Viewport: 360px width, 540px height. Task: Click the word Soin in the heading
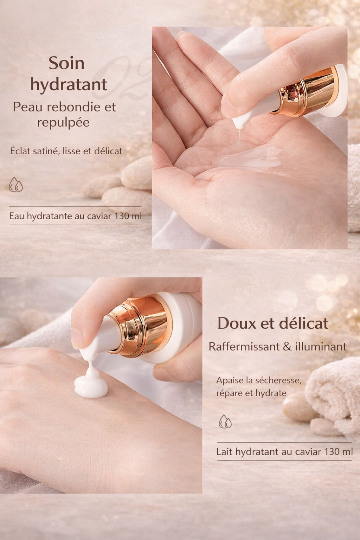pyautogui.click(x=66, y=63)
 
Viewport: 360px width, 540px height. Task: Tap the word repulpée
pyautogui.click(x=63, y=123)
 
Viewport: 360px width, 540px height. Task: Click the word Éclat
pyautogui.click(x=20, y=151)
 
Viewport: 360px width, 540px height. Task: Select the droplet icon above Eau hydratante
pyautogui.click(x=16, y=185)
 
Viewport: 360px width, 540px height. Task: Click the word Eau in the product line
pyautogui.click(x=17, y=216)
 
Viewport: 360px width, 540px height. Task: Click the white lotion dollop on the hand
pyautogui.click(x=91, y=387)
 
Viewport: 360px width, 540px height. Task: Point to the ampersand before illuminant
pyautogui.click(x=287, y=347)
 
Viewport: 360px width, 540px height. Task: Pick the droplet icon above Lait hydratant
pyautogui.click(x=225, y=421)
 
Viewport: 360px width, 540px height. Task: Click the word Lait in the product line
pyautogui.click(x=224, y=452)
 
